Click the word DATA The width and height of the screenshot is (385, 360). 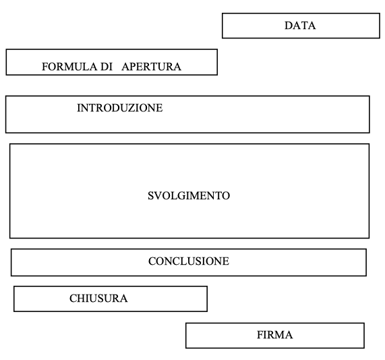click(x=300, y=26)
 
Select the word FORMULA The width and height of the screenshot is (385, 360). click(x=69, y=67)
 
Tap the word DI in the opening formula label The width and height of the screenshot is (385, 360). click(x=107, y=67)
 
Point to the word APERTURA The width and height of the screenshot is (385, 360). click(x=151, y=67)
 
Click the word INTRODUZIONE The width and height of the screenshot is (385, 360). click(x=120, y=108)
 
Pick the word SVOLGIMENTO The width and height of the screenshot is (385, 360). click(x=189, y=196)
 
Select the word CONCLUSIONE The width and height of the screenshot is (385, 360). click(x=189, y=261)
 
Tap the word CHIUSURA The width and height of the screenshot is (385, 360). click(x=98, y=299)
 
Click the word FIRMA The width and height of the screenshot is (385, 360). click(x=274, y=335)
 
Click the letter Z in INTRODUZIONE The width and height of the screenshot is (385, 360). click(x=139, y=108)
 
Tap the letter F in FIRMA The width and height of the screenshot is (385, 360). click(x=260, y=335)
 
